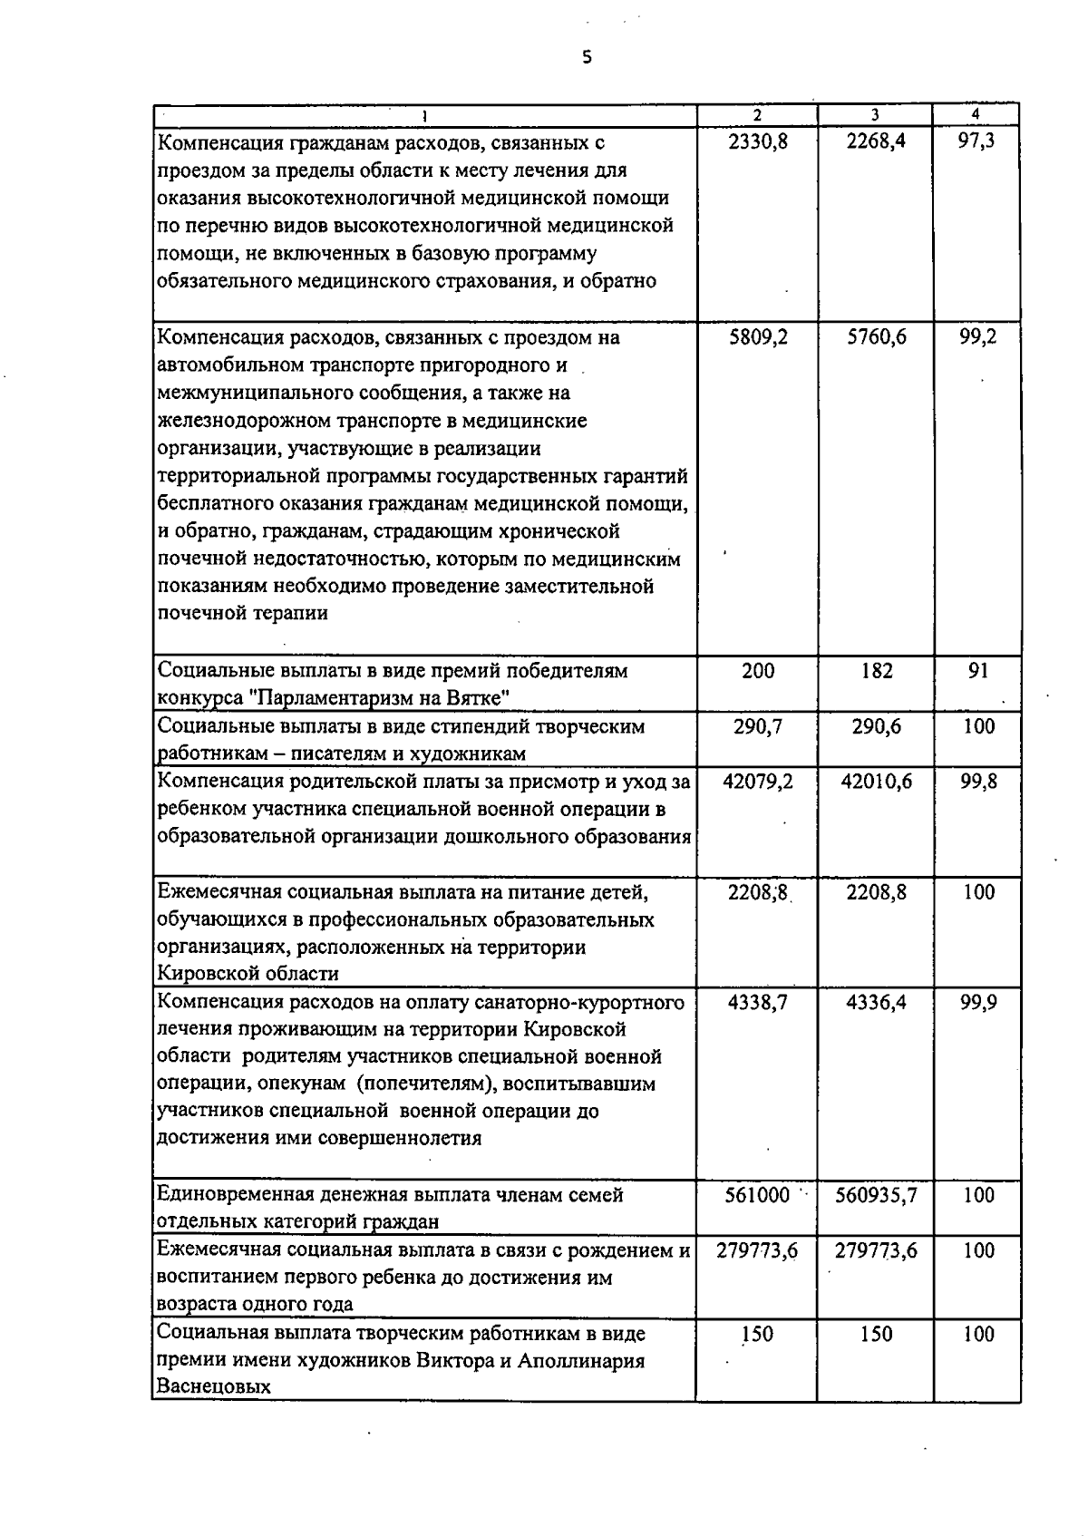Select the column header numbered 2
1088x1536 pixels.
click(757, 115)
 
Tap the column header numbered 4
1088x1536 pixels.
click(976, 115)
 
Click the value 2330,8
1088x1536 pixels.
click(758, 142)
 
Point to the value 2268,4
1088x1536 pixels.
click(876, 142)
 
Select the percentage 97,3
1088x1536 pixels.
click(977, 142)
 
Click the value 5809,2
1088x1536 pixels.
click(758, 337)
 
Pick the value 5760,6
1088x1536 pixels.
click(876, 337)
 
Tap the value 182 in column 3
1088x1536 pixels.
click(876, 671)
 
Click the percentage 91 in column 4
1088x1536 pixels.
click(977, 671)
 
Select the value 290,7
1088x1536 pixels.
click(758, 726)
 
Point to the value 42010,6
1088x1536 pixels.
click(876, 782)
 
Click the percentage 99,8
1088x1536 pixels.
click(978, 782)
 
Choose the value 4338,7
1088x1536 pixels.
click(758, 1003)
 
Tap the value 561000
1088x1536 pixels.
click(758, 1195)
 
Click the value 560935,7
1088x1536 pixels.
click(876, 1195)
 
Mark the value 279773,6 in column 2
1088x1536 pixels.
click(757, 1250)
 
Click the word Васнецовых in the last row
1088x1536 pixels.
click(214, 1387)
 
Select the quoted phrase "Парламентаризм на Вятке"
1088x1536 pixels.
click(379, 698)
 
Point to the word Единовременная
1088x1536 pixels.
click(234, 1195)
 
